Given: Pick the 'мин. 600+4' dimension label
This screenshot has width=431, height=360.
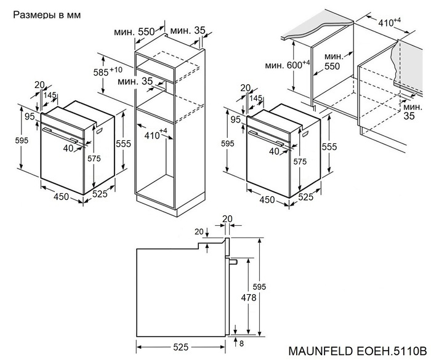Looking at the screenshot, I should click(288, 65).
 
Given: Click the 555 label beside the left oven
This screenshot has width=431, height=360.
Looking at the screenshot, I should click(124, 143).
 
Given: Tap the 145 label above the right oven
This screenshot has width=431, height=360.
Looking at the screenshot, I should click(256, 98).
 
